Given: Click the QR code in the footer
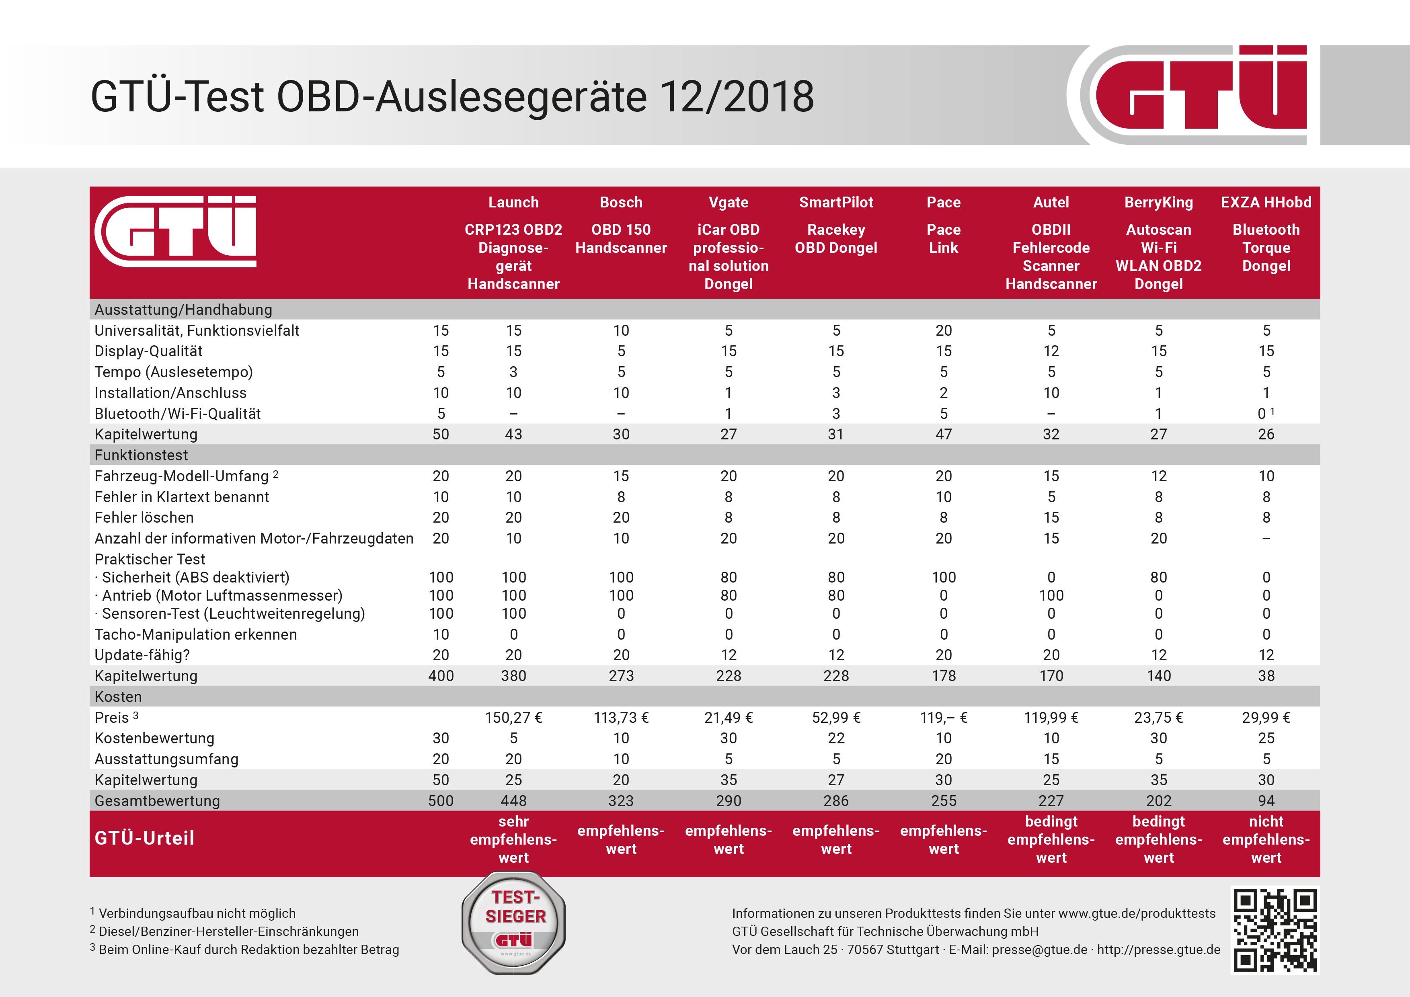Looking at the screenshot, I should pyautogui.click(x=1275, y=930).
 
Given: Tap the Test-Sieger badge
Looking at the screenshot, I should pyautogui.click(x=514, y=923).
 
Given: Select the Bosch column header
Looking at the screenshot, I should pyautogui.click(x=621, y=203).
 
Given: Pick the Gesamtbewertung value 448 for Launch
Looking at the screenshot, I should pyautogui.click(x=513, y=800).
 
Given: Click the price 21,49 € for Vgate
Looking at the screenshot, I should pyautogui.click(x=729, y=718).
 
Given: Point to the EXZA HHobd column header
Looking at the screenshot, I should pyautogui.click(x=1266, y=203).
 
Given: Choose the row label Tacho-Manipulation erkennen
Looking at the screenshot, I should pyautogui.click(x=195, y=634).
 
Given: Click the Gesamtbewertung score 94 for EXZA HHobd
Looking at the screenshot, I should pyautogui.click(x=1266, y=800).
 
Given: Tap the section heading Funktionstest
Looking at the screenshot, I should pyautogui.click(x=141, y=455).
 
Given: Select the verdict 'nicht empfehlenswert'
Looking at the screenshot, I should pyautogui.click(x=1266, y=839).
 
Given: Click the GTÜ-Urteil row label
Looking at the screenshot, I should pyautogui.click(x=144, y=838).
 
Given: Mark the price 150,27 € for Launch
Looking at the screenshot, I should pyautogui.click(x=513, y=718).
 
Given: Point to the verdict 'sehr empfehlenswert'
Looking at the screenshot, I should pyautogui.click(x=513, y=839).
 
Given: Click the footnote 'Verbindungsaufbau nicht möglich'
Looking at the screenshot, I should pyautogui.click(x=197, y=913).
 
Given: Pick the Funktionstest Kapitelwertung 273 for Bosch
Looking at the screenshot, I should pyautogui.click(x=621, y=676).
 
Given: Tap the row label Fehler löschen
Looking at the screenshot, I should pyautogui.click(x=140, y=517).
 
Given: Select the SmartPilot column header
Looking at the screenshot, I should pyautogui.click(x=836, y=203).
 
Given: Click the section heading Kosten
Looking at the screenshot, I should pyautogui.click(x=118, y=697).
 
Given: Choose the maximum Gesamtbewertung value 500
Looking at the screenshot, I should pyautogui.click(x=441, y=800).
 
